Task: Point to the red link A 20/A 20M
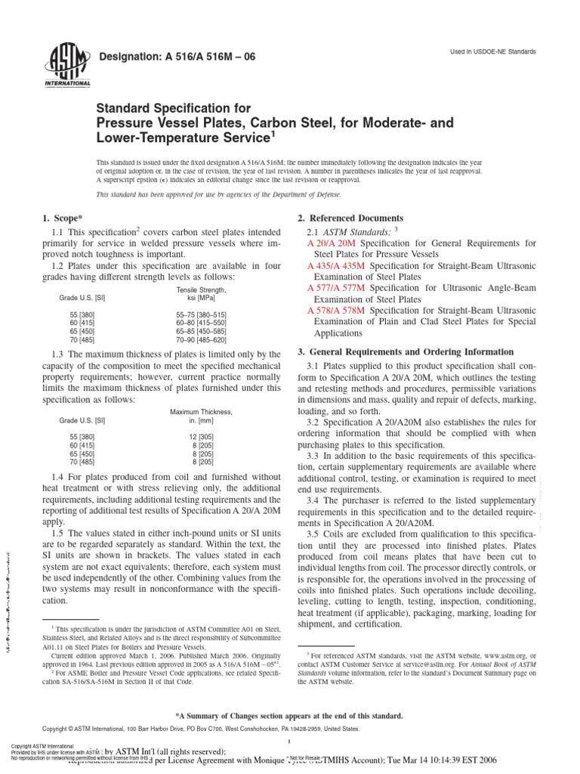point(334,243)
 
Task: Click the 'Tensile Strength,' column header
point(201,289)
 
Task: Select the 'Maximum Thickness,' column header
point(201,412)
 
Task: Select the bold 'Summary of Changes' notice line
point(289,716)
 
